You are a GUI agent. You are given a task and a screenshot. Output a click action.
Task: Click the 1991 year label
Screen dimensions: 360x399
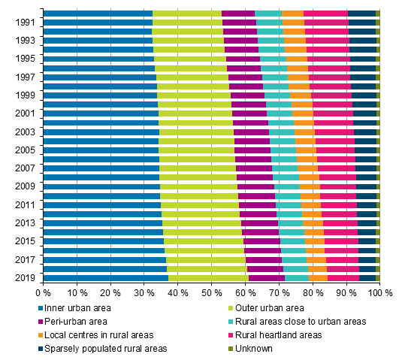23,23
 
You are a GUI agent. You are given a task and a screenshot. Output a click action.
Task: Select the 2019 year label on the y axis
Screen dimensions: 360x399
23,277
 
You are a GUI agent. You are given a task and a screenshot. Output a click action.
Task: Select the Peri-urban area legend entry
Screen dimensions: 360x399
75,322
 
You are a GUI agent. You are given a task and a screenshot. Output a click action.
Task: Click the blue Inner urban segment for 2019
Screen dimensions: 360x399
105,277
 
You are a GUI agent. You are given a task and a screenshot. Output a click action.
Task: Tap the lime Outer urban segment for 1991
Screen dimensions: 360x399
187,23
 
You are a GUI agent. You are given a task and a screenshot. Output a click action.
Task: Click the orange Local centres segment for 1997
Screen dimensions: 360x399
298,77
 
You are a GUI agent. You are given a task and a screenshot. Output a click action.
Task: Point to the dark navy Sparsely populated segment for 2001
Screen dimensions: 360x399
364,113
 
